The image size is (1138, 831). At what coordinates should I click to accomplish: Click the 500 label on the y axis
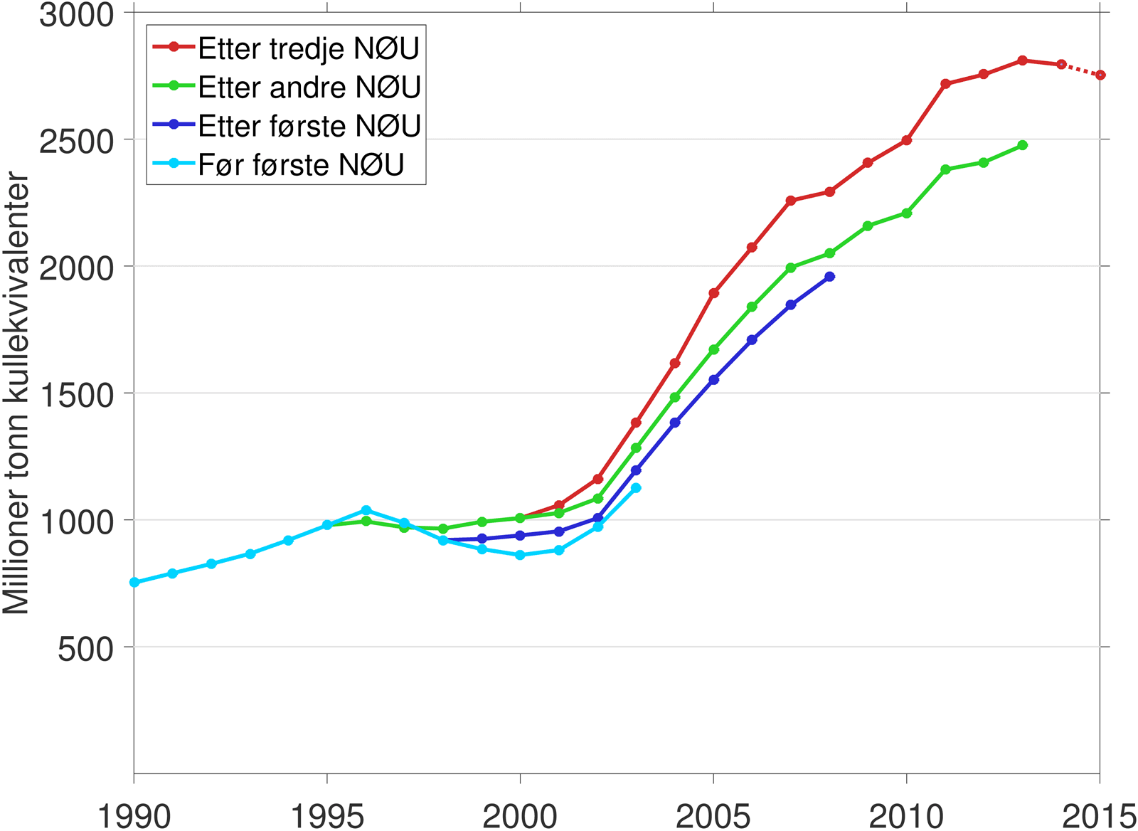(x=85, y=648)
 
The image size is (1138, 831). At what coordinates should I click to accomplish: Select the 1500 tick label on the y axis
(x=76, y=395)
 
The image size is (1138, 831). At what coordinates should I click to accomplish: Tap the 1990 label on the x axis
(x=134, y=815)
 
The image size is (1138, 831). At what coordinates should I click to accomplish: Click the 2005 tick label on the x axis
(x=713, y=815)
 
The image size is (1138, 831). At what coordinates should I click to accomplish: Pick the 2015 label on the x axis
(x=1099, y=815)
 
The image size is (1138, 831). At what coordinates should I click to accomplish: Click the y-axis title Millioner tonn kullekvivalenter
(x=16, y=393)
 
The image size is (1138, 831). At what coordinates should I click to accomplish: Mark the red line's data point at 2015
(x=1100, y=75)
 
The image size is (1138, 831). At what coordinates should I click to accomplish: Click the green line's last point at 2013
(x=1023, y=145)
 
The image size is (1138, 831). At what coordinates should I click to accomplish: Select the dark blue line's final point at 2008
(x=830, y=276)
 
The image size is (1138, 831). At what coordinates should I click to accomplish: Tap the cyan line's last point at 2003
(x=637, y=488)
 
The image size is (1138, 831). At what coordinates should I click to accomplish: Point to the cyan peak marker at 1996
(x=366, y=510)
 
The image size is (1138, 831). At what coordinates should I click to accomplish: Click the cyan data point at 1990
(x=134, y=582)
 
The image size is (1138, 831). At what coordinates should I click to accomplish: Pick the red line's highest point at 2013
(x=1023, y=60)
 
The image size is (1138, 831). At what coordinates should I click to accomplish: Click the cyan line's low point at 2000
(x=521, y=555)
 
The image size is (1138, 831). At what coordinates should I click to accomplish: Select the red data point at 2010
(x=907, y=140)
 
